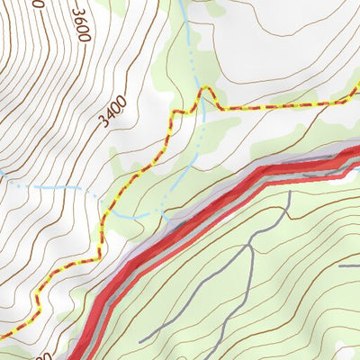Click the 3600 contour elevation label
81,26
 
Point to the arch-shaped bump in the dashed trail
208,93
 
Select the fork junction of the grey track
249,244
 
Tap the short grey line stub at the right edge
349,265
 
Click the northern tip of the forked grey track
287,193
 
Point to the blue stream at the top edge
183,3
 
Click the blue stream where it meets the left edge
3,172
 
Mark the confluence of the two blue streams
163,216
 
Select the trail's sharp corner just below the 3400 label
168,114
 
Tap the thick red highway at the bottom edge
79,356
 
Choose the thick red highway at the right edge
356,155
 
